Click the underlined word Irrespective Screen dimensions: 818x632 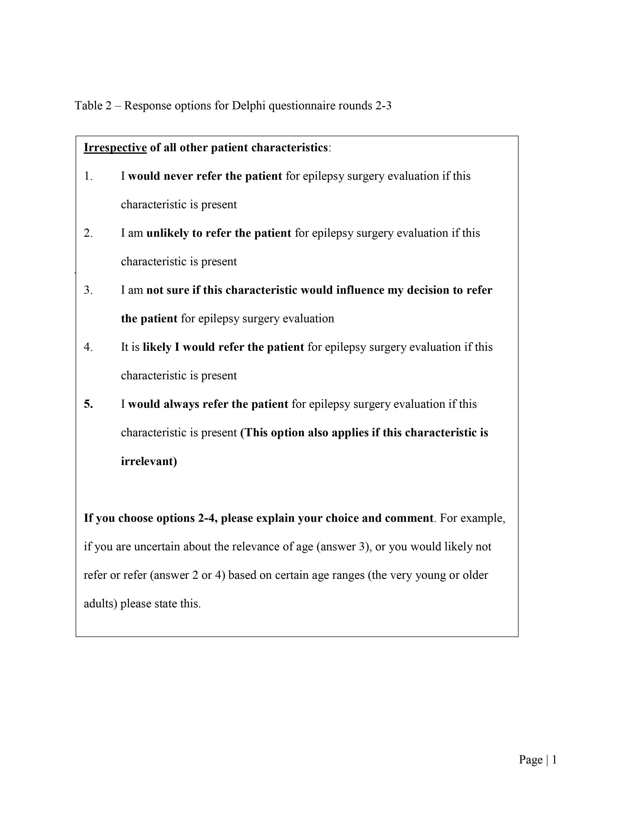coord(115,147)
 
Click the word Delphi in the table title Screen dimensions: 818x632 coord(249,106)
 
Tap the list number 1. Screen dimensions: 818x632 coord(88,176)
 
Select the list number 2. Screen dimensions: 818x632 coord(88,233)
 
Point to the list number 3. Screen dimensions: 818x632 coord(88,290)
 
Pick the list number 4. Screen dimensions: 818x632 coord(88,347)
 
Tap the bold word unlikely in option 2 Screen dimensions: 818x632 coord(167,233)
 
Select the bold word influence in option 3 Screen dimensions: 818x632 coord(360,290)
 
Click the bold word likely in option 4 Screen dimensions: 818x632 coord(157,347)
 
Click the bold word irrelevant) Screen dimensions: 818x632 coord(149,461)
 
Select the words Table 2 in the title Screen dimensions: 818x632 coord(93,106)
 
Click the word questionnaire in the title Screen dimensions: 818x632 coord(302,106)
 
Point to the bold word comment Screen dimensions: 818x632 coord(409,518)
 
